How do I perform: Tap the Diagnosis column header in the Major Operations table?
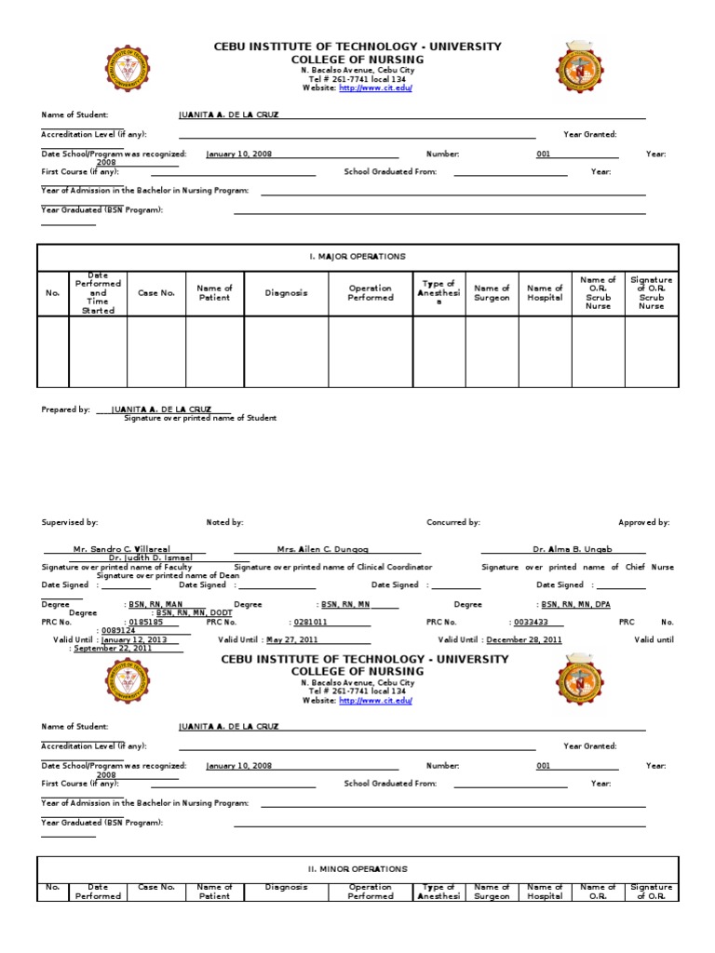286,293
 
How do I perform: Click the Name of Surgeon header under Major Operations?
492,293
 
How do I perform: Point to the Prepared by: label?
65,409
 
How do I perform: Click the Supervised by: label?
70,523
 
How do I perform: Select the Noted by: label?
224,523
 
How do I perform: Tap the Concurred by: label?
453,523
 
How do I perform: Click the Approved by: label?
643,523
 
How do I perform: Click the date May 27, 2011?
293,640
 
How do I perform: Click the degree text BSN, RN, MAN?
155,604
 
